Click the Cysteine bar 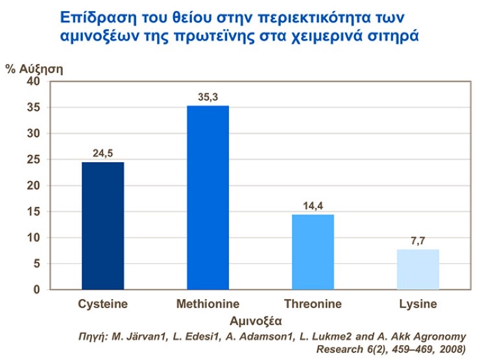click(x=102, y=226)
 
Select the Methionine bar click(x=208, y=197)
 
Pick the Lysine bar click(x=418, y=269)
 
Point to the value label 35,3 click(x=208, y=98)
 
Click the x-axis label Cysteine click(x=102, y=304)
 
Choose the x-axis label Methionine click(x=208, y=304)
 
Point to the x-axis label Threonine click(x=313, y=304)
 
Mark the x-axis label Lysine click(x=418, y=304)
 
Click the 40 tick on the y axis click(x=34, y=82)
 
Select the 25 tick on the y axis click(x=34, y=160)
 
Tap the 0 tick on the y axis click(x=37, y=289)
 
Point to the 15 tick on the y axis click(x=34, y=211)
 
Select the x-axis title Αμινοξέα click(x=258, y=320)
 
